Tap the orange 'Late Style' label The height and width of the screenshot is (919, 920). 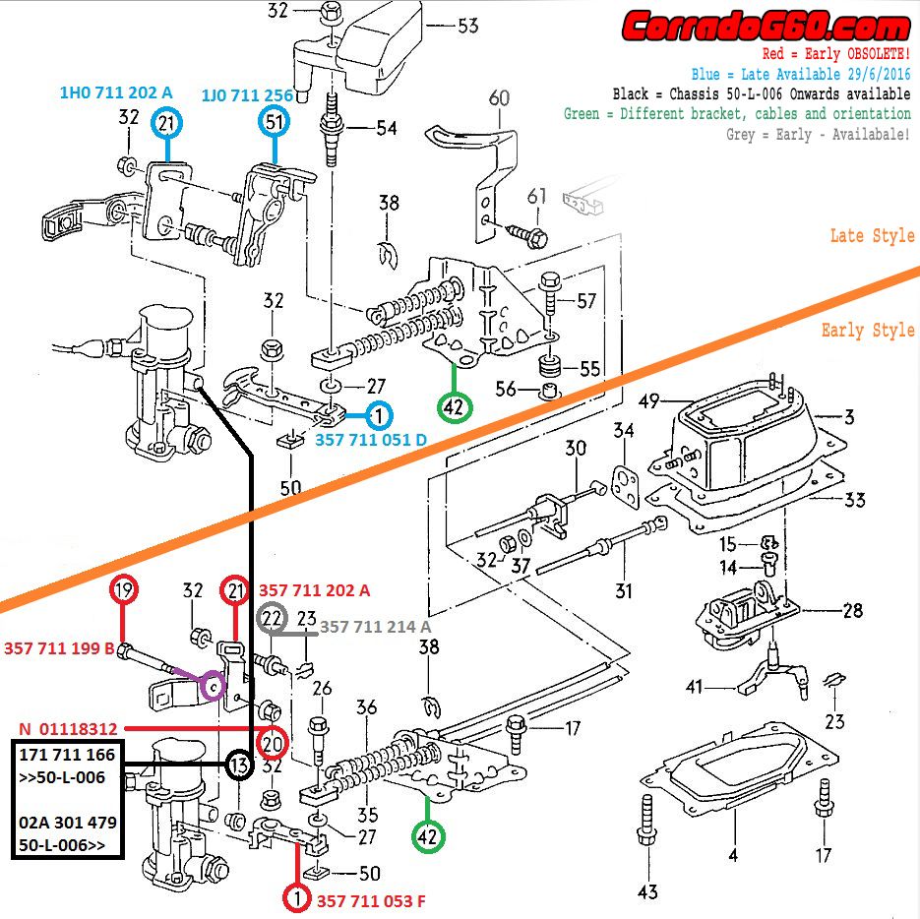(872, 236)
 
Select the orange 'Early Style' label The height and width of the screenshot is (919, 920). (868, 330)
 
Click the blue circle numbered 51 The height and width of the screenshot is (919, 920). (274, 123)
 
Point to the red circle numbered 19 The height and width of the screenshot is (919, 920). (122, 591)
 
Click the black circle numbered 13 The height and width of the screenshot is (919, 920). (238, 766)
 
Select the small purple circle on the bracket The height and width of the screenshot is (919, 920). (212, 685)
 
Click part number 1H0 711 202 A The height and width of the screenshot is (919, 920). (116, 92)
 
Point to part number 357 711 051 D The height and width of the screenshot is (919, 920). (371, 440)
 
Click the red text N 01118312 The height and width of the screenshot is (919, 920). (69, 729)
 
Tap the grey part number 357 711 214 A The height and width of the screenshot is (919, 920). (375, 627)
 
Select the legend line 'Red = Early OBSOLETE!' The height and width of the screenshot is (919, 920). (836, 54)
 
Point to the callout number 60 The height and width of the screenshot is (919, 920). (499, 97)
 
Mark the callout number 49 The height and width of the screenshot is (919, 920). (648, 400)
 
